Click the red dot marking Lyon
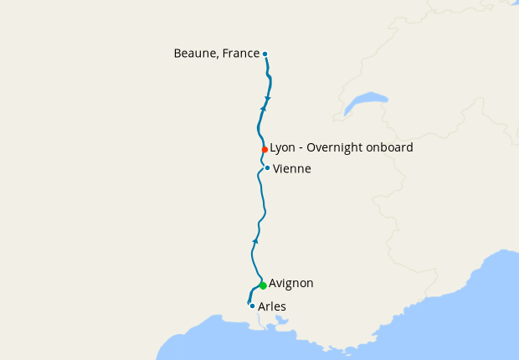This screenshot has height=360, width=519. [x=265, y=149]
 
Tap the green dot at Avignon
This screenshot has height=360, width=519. [x=263, y=285]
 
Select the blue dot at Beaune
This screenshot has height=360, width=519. [x=265, y=54]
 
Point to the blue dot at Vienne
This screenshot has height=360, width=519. [x=267, y=167]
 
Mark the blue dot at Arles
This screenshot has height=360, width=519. [x=252, y=306]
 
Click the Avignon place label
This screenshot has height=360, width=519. [x=290, y=284]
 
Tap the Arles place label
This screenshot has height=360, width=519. [x=272, y=307]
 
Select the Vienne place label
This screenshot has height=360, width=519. [x=291, y=169]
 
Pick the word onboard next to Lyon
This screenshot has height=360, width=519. [x=390, y=148]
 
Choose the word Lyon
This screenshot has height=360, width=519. [x=282, y=148]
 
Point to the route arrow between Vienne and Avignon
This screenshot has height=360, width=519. [x=255, y=240]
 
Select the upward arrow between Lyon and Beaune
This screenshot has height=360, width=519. [x=263, y=108]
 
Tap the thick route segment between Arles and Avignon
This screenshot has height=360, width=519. [x=254, y=294]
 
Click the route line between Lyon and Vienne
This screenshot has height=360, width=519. [x=262, y=159]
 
